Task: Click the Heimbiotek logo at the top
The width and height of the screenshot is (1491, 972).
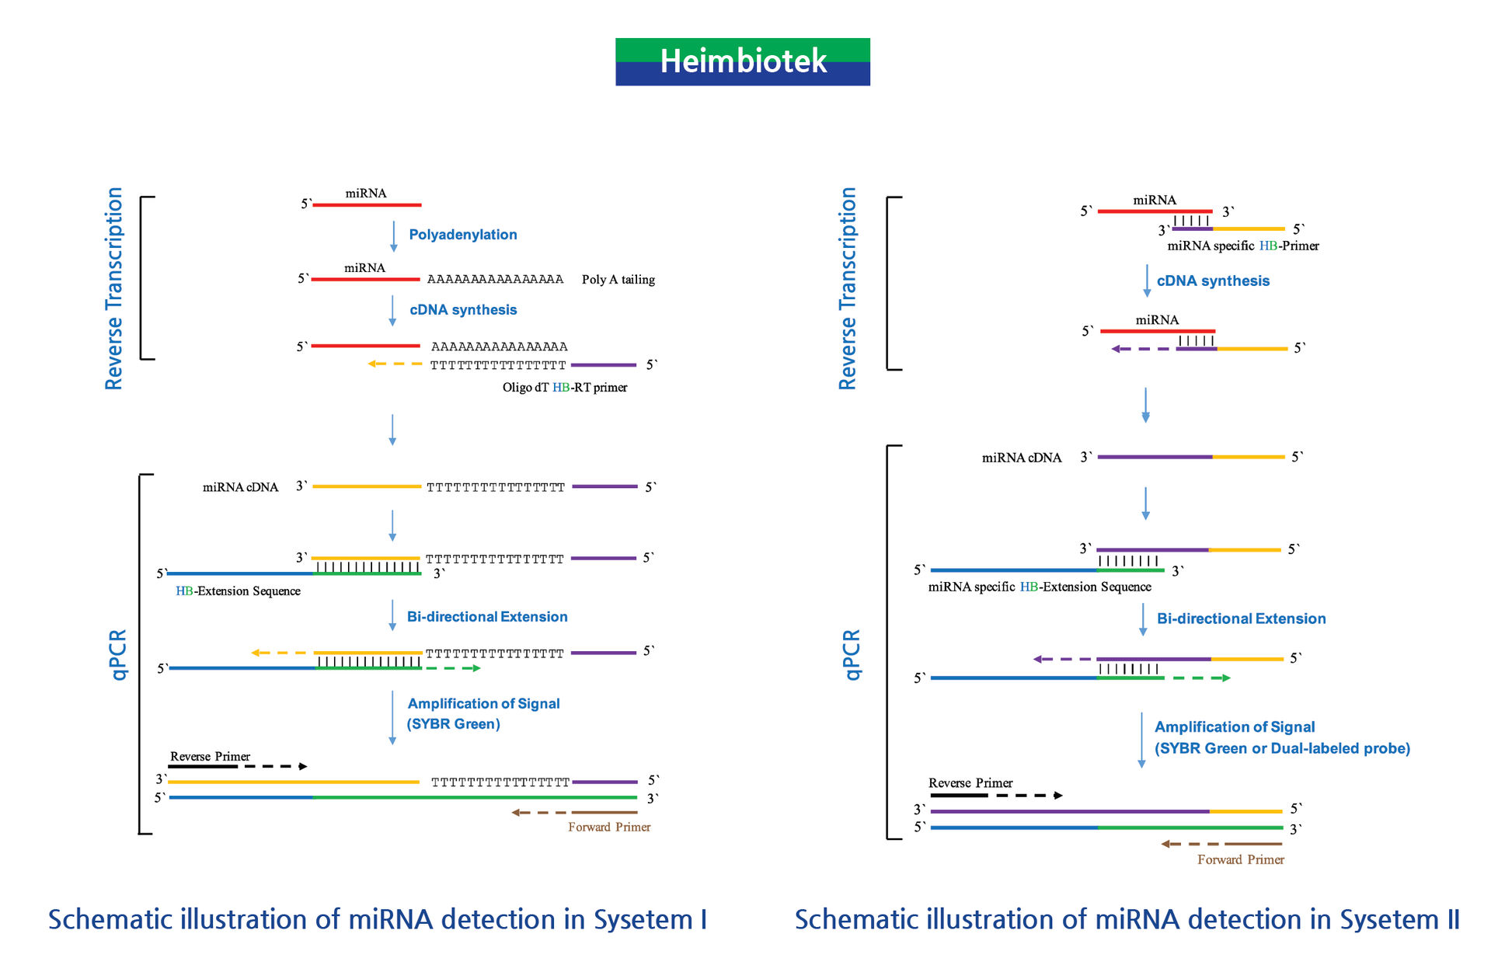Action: (743, 61)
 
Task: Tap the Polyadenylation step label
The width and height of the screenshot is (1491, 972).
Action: (463, 235)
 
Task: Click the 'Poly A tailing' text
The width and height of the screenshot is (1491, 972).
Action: (618, 280)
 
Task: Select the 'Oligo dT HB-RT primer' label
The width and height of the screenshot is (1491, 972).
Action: (565, 387)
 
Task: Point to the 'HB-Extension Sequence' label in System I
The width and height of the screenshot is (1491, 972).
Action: (238, 591)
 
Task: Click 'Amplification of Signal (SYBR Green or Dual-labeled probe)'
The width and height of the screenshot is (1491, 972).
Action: (1282, 737)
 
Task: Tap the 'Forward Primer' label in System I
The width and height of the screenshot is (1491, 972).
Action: (609, 827)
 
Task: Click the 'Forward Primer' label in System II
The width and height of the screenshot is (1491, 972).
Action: (1241, 859)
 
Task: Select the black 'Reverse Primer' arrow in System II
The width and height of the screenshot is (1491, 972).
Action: (996, 795)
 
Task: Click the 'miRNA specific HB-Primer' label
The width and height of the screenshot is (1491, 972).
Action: (1243, 246)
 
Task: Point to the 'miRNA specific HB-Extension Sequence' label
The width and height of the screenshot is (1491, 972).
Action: (1040, 587)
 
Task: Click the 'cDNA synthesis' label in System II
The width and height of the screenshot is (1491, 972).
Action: (1213, 281)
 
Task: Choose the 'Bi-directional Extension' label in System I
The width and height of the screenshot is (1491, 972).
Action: (487, 617)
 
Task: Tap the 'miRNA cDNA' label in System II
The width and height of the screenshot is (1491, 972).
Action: (1022, 458)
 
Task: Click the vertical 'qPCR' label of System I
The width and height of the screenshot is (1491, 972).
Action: (117, 654)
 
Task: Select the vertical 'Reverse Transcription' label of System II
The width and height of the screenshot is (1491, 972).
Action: (847, 288)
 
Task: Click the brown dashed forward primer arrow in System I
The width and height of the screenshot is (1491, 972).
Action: (574, 813)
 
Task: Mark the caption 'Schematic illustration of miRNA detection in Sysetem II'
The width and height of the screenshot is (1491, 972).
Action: (1127, 919)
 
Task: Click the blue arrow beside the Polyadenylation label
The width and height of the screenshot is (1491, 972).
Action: (393, 237)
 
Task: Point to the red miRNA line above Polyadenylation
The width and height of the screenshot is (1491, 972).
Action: (367, 205)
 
